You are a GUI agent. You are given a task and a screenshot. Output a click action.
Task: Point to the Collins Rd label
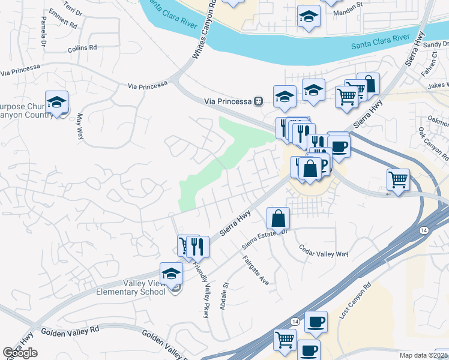click(82, 48)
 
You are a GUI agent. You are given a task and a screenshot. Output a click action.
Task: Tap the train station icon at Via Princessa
click(258, 101)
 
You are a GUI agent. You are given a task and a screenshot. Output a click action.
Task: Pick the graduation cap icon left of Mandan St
click(309, 17)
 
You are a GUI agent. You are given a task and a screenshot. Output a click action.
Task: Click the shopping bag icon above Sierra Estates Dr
click(278, 218)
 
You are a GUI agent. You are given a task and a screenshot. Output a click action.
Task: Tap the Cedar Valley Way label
click(324, 254)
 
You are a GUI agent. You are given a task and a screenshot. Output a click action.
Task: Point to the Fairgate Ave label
click(256, 270)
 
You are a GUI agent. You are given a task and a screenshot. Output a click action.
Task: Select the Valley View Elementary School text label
click(131, 287)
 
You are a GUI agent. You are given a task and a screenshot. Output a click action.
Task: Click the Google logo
click(20, 353)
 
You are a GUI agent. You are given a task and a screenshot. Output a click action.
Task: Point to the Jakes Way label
click(438, 86)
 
